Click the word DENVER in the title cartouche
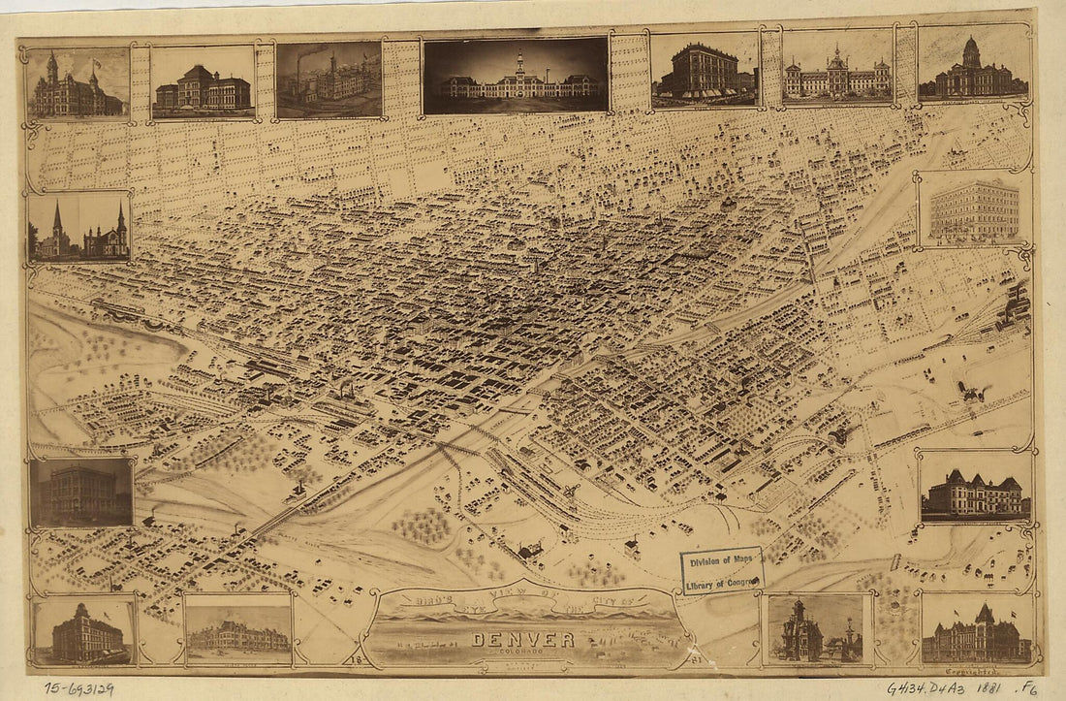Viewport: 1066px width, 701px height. click(x=523, y=640)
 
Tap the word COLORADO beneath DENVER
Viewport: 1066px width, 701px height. click(x=523, y=653)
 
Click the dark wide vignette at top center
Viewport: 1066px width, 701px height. click(x=516, y=77)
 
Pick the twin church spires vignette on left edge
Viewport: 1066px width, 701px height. click(x=79, y=229)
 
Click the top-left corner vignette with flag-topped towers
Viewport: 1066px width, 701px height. click(x=78, y=83)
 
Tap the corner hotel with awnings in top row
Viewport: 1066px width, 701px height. click(x=705, y=70)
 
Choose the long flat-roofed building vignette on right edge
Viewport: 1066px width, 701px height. click(x=974, y=209)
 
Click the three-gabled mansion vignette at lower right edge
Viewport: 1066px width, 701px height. click(x=974, y=489)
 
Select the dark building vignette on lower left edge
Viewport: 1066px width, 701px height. click(x=80, y=493)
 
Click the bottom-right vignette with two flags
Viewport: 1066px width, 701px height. click(x=977, y=630)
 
